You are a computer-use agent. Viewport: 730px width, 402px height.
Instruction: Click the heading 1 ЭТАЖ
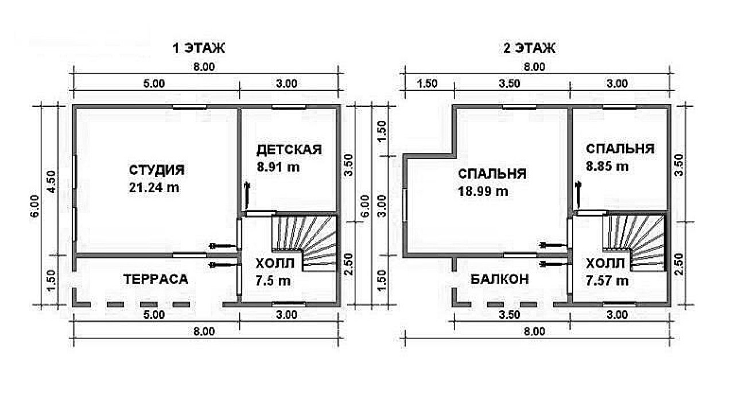coord(199,48)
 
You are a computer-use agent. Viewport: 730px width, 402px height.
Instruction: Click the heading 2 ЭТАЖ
coord(530,48)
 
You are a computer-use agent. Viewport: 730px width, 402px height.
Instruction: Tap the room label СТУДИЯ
coord(157,170)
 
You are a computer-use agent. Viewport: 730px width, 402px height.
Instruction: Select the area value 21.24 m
coord(154,188)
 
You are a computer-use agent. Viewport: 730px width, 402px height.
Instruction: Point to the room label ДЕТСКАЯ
coord(289,150)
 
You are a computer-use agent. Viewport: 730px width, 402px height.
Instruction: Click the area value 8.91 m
coord(278,167)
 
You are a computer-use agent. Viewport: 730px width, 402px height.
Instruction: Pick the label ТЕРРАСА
coord(156,279)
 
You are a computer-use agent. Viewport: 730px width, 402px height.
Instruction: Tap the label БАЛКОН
coord(500,279)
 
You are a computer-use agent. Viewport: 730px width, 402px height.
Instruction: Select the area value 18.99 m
coord(483,191)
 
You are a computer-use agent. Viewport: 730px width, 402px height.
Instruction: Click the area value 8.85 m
coord(607,167)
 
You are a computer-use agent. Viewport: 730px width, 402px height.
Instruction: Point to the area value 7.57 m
coord(607,281)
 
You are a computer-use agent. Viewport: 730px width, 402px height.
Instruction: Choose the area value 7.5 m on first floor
coord(273,281)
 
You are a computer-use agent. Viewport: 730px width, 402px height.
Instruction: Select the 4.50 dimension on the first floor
coord(52,181)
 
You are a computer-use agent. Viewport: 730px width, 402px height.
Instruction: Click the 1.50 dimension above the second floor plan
coord(427,83)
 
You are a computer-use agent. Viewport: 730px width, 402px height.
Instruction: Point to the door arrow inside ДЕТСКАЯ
coord(247,196)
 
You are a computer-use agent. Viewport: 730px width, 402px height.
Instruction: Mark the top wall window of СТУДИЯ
coord(189,107)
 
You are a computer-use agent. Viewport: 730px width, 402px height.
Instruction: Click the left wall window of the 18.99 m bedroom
coord(405,206)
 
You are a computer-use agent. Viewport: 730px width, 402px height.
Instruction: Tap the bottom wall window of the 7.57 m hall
coord(619,304)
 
